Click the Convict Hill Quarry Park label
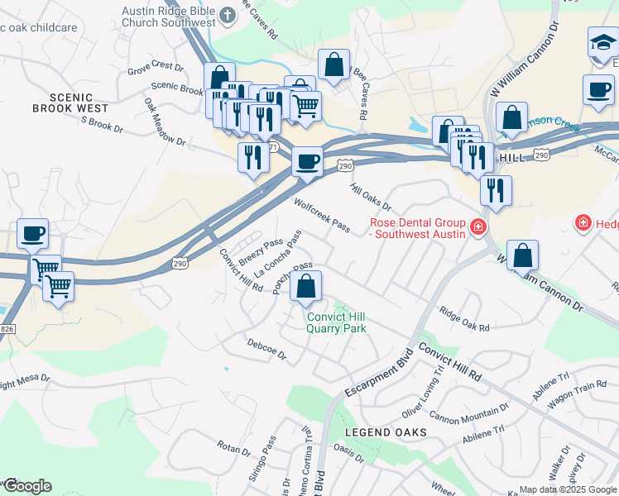[x=336, y=322]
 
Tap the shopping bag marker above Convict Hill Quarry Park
[x=305, y=287]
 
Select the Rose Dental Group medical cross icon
[x=477, y=227]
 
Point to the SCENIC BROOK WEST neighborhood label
[x=70, y=102]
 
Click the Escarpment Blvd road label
[x=379, y=374]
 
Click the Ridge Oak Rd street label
[x=464, y=320]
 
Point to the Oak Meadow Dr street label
[x=164, y=122]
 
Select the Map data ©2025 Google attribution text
[x=567, y=489]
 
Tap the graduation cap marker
[x=602, y=44]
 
